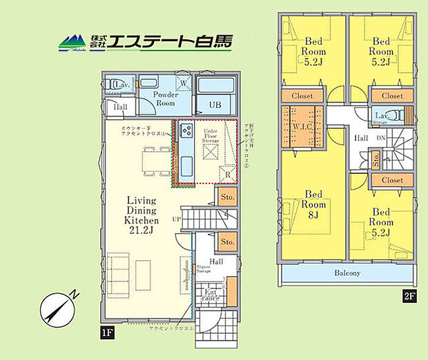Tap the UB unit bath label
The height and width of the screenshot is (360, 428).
point(215,105)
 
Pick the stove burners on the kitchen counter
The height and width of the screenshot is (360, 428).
point(186,131)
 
